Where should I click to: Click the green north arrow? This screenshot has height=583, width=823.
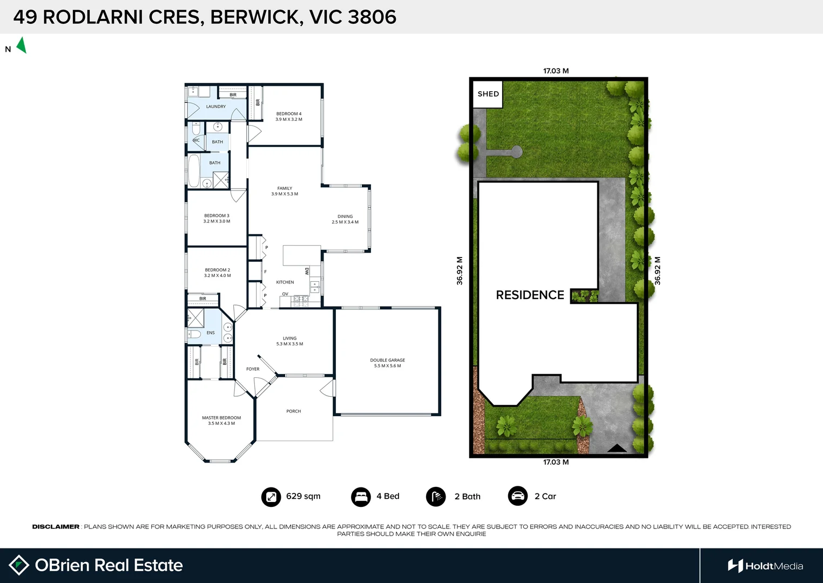(x=22, y=45)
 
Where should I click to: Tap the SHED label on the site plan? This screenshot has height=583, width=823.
(x=488, y=94)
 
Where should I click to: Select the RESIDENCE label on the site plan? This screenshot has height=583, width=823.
(x=530, y=295)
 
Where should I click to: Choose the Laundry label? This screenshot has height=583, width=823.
(x=216, y=107)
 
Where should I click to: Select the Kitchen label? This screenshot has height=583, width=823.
(x=285, y=282)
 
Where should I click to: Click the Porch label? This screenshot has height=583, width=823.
(x=293, y=411)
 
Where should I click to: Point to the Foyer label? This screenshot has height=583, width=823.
(x=253, y=369)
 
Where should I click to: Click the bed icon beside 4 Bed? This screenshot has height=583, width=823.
(x=360, y=497)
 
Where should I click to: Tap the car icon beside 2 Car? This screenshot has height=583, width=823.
(x=517, y=496)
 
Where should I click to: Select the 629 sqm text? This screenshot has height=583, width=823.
(x=303, y=497)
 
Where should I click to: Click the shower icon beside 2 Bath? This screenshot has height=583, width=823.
(x=436, y=497)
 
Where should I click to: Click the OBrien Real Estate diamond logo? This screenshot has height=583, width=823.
(x=19, y=565)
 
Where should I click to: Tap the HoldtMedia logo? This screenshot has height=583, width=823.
(x=765, y=566)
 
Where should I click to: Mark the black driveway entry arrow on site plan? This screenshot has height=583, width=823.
(x=617, y=448)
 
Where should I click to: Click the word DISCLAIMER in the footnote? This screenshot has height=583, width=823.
(x=56, y=527)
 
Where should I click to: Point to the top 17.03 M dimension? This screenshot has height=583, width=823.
(x=556, y=71)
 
